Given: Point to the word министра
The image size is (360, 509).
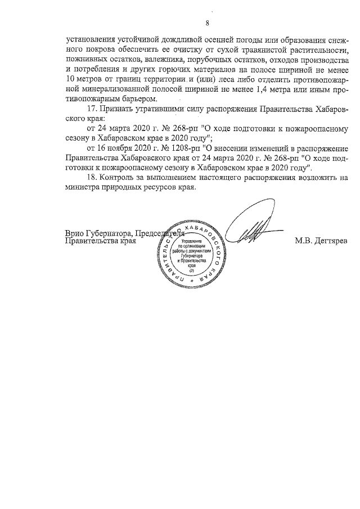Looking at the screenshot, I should (x=84, y=187).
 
